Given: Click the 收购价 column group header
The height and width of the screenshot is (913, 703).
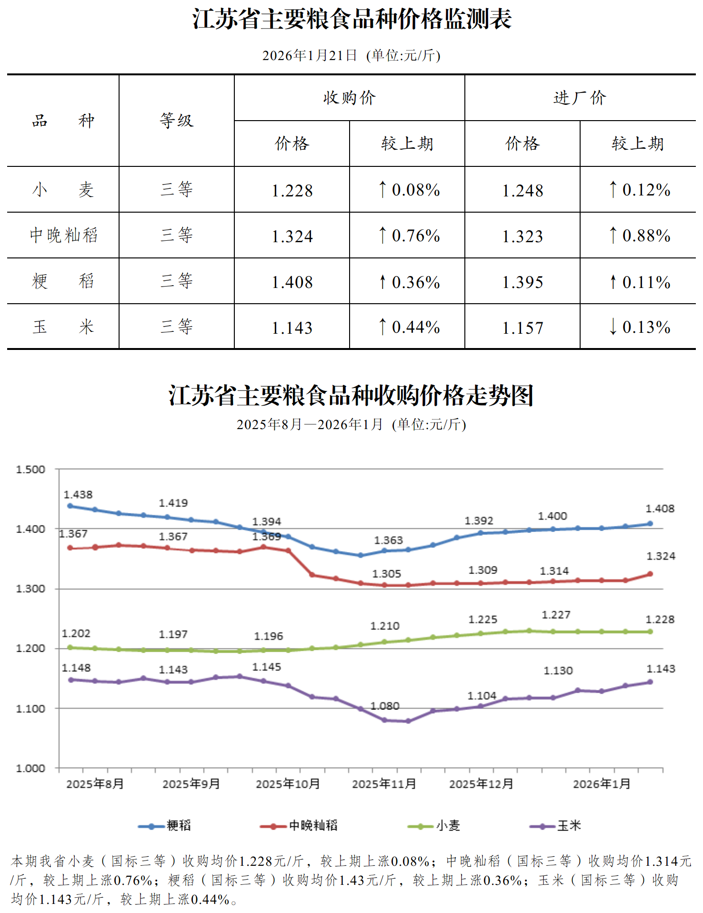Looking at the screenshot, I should tap(349, 98).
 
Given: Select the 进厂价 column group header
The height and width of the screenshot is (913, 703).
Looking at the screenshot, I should tap(580, 98).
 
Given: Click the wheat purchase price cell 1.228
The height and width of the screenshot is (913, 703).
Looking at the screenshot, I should tap(292, 190).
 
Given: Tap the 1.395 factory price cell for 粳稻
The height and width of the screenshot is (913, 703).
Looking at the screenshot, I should tap(522, 282).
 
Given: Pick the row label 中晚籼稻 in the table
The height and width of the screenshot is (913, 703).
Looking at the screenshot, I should tap(63, 235).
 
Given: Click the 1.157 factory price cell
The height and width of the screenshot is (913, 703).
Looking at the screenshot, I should tap(522, 328).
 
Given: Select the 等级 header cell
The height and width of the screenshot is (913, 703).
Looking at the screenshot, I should tap(177, 121).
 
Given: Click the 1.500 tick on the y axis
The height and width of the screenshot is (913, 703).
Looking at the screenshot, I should tap(30, 470).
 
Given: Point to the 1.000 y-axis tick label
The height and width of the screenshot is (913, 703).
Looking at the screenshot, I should tap(30, 769).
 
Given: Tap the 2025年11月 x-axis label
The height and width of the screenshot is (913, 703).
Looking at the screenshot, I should tap(384, 784).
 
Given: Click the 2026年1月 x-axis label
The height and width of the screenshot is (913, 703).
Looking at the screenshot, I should tap(602, 784).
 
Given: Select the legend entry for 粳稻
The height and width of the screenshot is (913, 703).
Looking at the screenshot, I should tap(164, 825).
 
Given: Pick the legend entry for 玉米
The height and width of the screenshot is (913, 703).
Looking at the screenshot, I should tap(555, 825).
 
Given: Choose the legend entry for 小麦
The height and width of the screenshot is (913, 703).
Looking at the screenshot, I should tap(434, 825).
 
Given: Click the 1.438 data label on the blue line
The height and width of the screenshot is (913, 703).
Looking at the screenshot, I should tap(78, 495).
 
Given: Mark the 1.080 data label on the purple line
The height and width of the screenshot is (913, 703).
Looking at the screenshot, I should tap(385, 706).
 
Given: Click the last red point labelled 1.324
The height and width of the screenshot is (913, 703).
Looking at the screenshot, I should tap(650, 574).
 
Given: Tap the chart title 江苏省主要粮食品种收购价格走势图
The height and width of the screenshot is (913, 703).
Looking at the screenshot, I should tap(351, 396).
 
